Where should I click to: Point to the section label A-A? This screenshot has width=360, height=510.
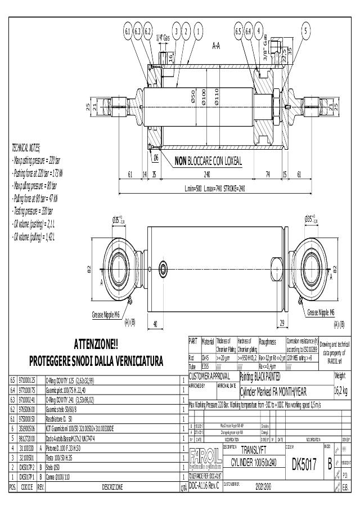click(215, 44)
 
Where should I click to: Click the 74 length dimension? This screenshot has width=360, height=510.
click(267, 175)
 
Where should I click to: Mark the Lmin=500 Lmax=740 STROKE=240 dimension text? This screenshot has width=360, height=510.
click(215, 188)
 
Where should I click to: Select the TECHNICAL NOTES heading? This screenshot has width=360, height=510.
click(26, 148)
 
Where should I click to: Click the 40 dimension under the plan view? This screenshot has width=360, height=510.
click(155, 323)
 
